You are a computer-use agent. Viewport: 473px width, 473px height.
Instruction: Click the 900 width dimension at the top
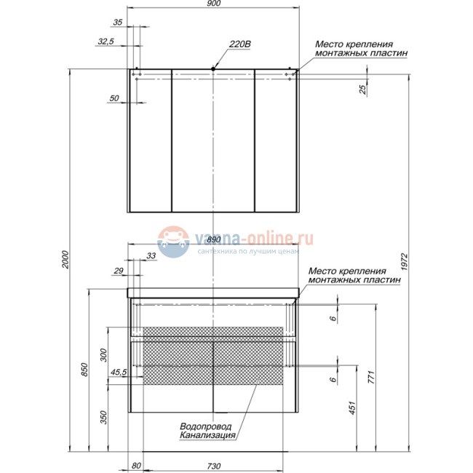click(213, 4)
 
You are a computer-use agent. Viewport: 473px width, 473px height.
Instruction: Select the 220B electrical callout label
click(240, 44)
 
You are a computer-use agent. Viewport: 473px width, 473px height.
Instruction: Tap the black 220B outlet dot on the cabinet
click(213, 69)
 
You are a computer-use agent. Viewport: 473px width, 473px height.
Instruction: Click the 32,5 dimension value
click(106, 41)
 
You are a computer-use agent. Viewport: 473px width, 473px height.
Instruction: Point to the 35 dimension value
click(118, 23)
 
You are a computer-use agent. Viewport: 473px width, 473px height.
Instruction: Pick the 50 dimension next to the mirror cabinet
click(114, 98)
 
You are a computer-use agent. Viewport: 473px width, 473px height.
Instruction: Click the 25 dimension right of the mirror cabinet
click(362, 90)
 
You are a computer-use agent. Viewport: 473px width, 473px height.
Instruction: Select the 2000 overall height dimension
click(65, 260)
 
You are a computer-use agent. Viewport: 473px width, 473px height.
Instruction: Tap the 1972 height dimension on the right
click(405, 262)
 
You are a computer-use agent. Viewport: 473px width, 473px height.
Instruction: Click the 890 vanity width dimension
click(214, 239)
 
